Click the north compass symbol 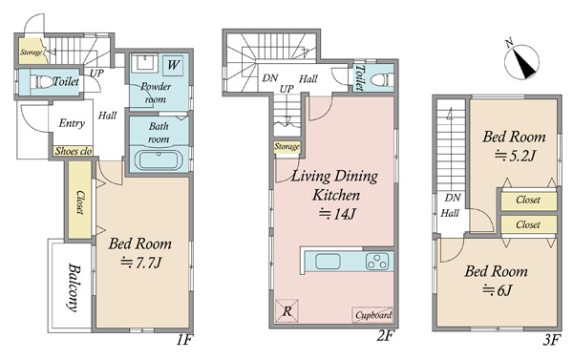pyautogui.click(x=521, y=61)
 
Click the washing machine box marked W pyautogui.click(x=173, y=66)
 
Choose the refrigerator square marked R pyautogui.click(x=286, y=311)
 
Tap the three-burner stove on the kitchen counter pyautogui.click(x=377, y=262)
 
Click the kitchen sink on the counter pyautogui.click(x=328, y=262)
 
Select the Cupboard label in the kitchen pyautogui.click(x=373, y=315)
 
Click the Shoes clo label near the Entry pyautogui.click(x=74, y=151)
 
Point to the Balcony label pyautogui.click(x=74, y=287)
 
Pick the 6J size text pyautogui.click(x=497, y=290)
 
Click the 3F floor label pyautogui.click(x=551, y=341)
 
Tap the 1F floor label pyautogui.click(x=184, y=340)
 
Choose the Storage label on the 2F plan pyautogui.click(x=286, y=147)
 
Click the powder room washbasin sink pyautogui.click(x=147, y=62)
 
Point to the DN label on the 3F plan pyautogui.click(x=453, y=198)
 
